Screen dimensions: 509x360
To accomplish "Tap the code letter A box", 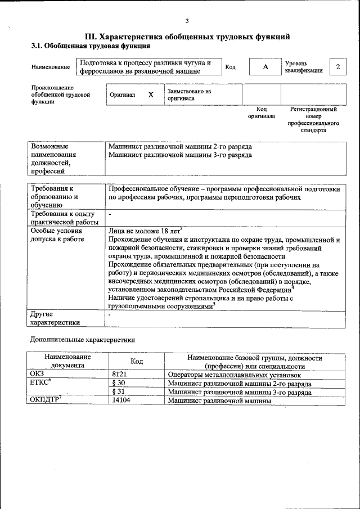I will (265, 67).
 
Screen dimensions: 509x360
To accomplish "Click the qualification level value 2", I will (337, 67).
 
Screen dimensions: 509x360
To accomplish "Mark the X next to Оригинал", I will (151, 95).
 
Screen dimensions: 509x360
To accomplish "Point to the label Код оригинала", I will (262, 112).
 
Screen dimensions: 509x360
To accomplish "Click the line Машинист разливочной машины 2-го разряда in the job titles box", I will (180, 146).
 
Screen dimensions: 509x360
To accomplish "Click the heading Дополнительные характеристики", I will (82, 340).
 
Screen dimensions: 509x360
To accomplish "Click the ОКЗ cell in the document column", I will (37, 375).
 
